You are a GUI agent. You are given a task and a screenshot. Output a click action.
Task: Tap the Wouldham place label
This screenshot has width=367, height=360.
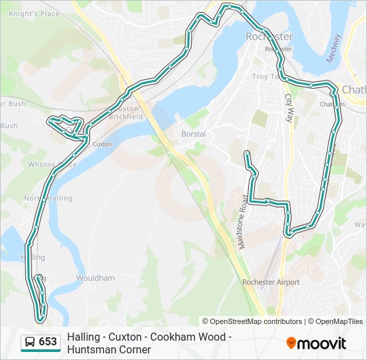click(95, 278)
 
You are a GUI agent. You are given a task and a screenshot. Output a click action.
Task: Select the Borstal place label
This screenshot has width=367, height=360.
click(194, 134)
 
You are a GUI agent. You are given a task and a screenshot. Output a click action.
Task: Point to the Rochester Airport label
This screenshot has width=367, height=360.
click(271, 282)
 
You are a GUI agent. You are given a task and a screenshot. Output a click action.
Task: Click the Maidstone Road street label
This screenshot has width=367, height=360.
click(242, 222)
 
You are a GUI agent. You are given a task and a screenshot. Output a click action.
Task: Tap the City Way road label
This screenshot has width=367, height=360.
click(289, 106)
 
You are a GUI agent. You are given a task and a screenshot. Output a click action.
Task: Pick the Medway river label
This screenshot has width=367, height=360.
click(334, 48)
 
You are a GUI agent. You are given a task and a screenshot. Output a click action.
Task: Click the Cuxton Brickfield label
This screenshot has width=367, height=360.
click(127, 112)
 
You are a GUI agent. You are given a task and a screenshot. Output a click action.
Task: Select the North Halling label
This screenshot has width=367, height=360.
click(48, 198)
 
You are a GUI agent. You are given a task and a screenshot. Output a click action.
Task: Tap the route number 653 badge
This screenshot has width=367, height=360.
click(48, 342)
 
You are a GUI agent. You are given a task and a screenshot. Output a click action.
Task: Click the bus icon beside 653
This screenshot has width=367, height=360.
click(30, 342)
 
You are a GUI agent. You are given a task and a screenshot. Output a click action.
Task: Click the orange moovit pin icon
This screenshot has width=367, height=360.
click(291, 343)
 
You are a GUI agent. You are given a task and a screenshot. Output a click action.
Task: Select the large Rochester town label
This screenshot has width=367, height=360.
click(269, 37)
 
